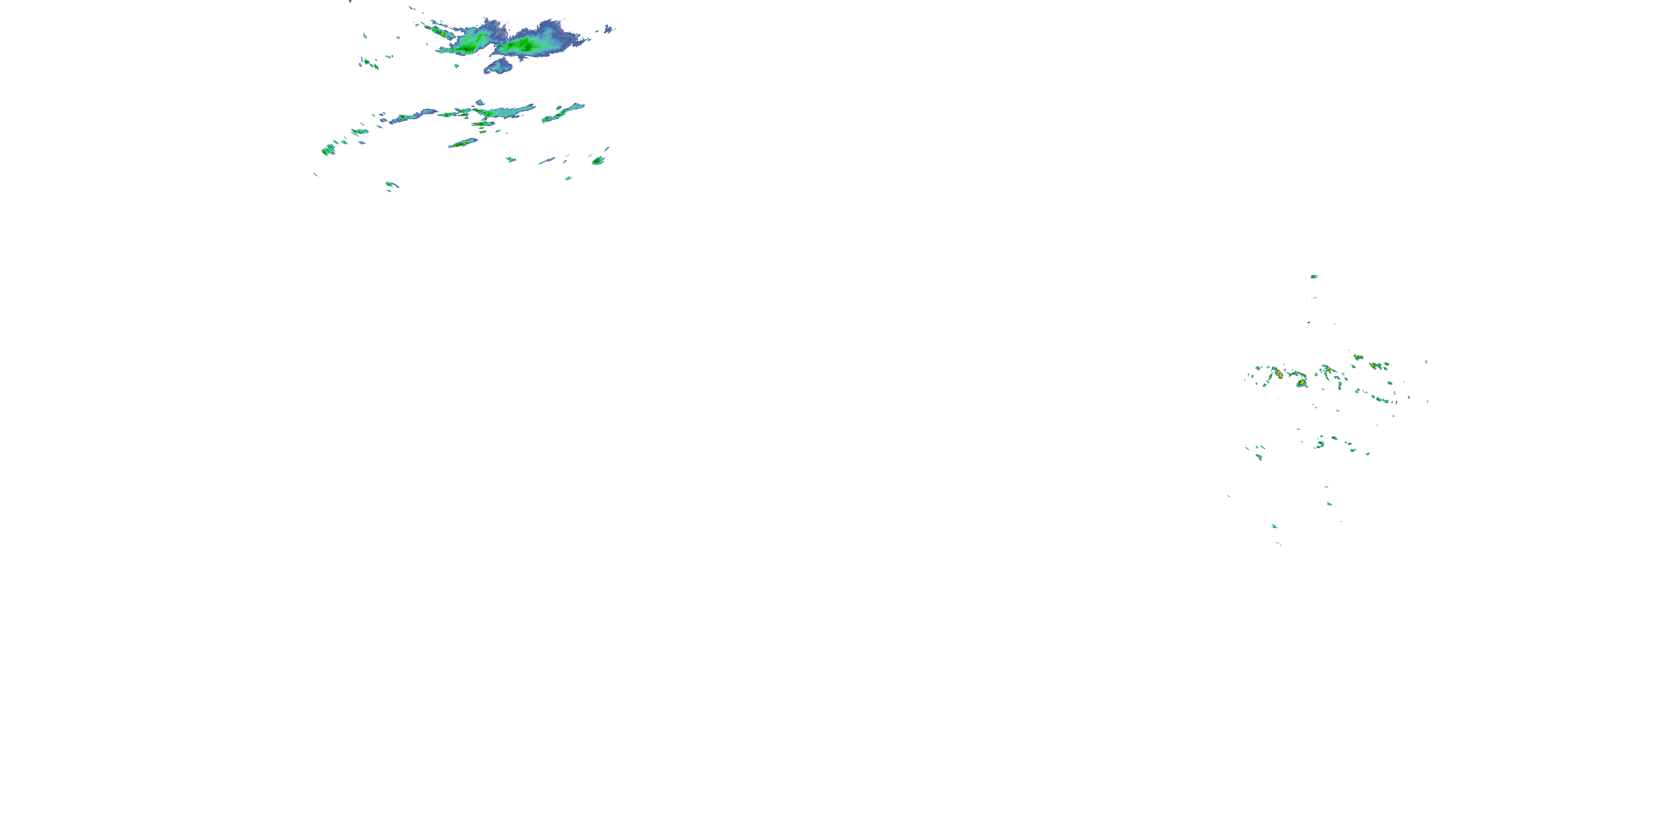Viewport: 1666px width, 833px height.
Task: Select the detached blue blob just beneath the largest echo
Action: (x=499, y=66)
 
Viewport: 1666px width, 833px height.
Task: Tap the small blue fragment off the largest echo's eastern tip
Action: (x=608, y=28)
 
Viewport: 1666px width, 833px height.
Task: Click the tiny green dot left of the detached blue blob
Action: (x=456, y=66)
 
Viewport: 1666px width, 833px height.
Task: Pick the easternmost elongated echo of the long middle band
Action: (x=563, y=113)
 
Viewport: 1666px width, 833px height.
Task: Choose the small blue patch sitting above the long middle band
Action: (x=479, y=102)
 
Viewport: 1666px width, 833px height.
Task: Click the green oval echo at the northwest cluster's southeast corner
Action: (x=598, y=160)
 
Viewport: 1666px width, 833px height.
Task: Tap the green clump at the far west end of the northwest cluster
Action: (x=328, y=150)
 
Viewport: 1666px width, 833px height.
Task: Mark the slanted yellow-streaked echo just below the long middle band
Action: (x=463, y=143)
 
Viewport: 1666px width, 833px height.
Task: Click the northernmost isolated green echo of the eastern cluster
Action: (x=1313, y=277)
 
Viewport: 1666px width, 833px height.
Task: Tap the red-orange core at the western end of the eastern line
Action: (x=1277, y=373)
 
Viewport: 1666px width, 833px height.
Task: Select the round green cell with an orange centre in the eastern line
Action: (x=1301, y=383)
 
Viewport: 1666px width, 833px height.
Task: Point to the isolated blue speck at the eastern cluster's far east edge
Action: (x=1427, y=362)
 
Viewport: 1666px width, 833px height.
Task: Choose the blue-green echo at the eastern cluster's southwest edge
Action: (x=1258, y=456)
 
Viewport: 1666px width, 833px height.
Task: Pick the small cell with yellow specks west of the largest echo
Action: (x=370, y=63)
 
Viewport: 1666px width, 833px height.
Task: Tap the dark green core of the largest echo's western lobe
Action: (x=469, y=46)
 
